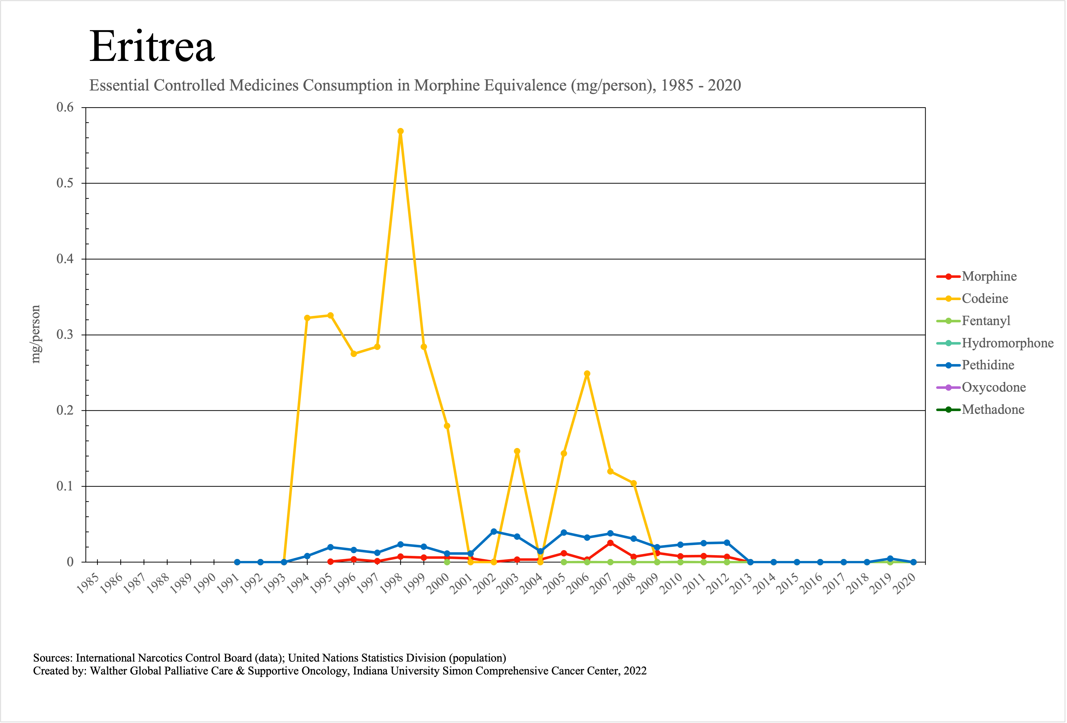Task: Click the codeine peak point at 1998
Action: [x=400, y=131]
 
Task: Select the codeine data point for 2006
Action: [x=587, y=374]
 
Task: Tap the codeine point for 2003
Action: [x=517, y=451]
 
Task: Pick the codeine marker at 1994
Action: [x=307, y=318]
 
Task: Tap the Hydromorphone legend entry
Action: [x=1007, y=343]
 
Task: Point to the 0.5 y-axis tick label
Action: [x=65, y=183]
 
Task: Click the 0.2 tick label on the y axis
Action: [x=65, y=410]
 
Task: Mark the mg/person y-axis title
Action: [x=35, y=334]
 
